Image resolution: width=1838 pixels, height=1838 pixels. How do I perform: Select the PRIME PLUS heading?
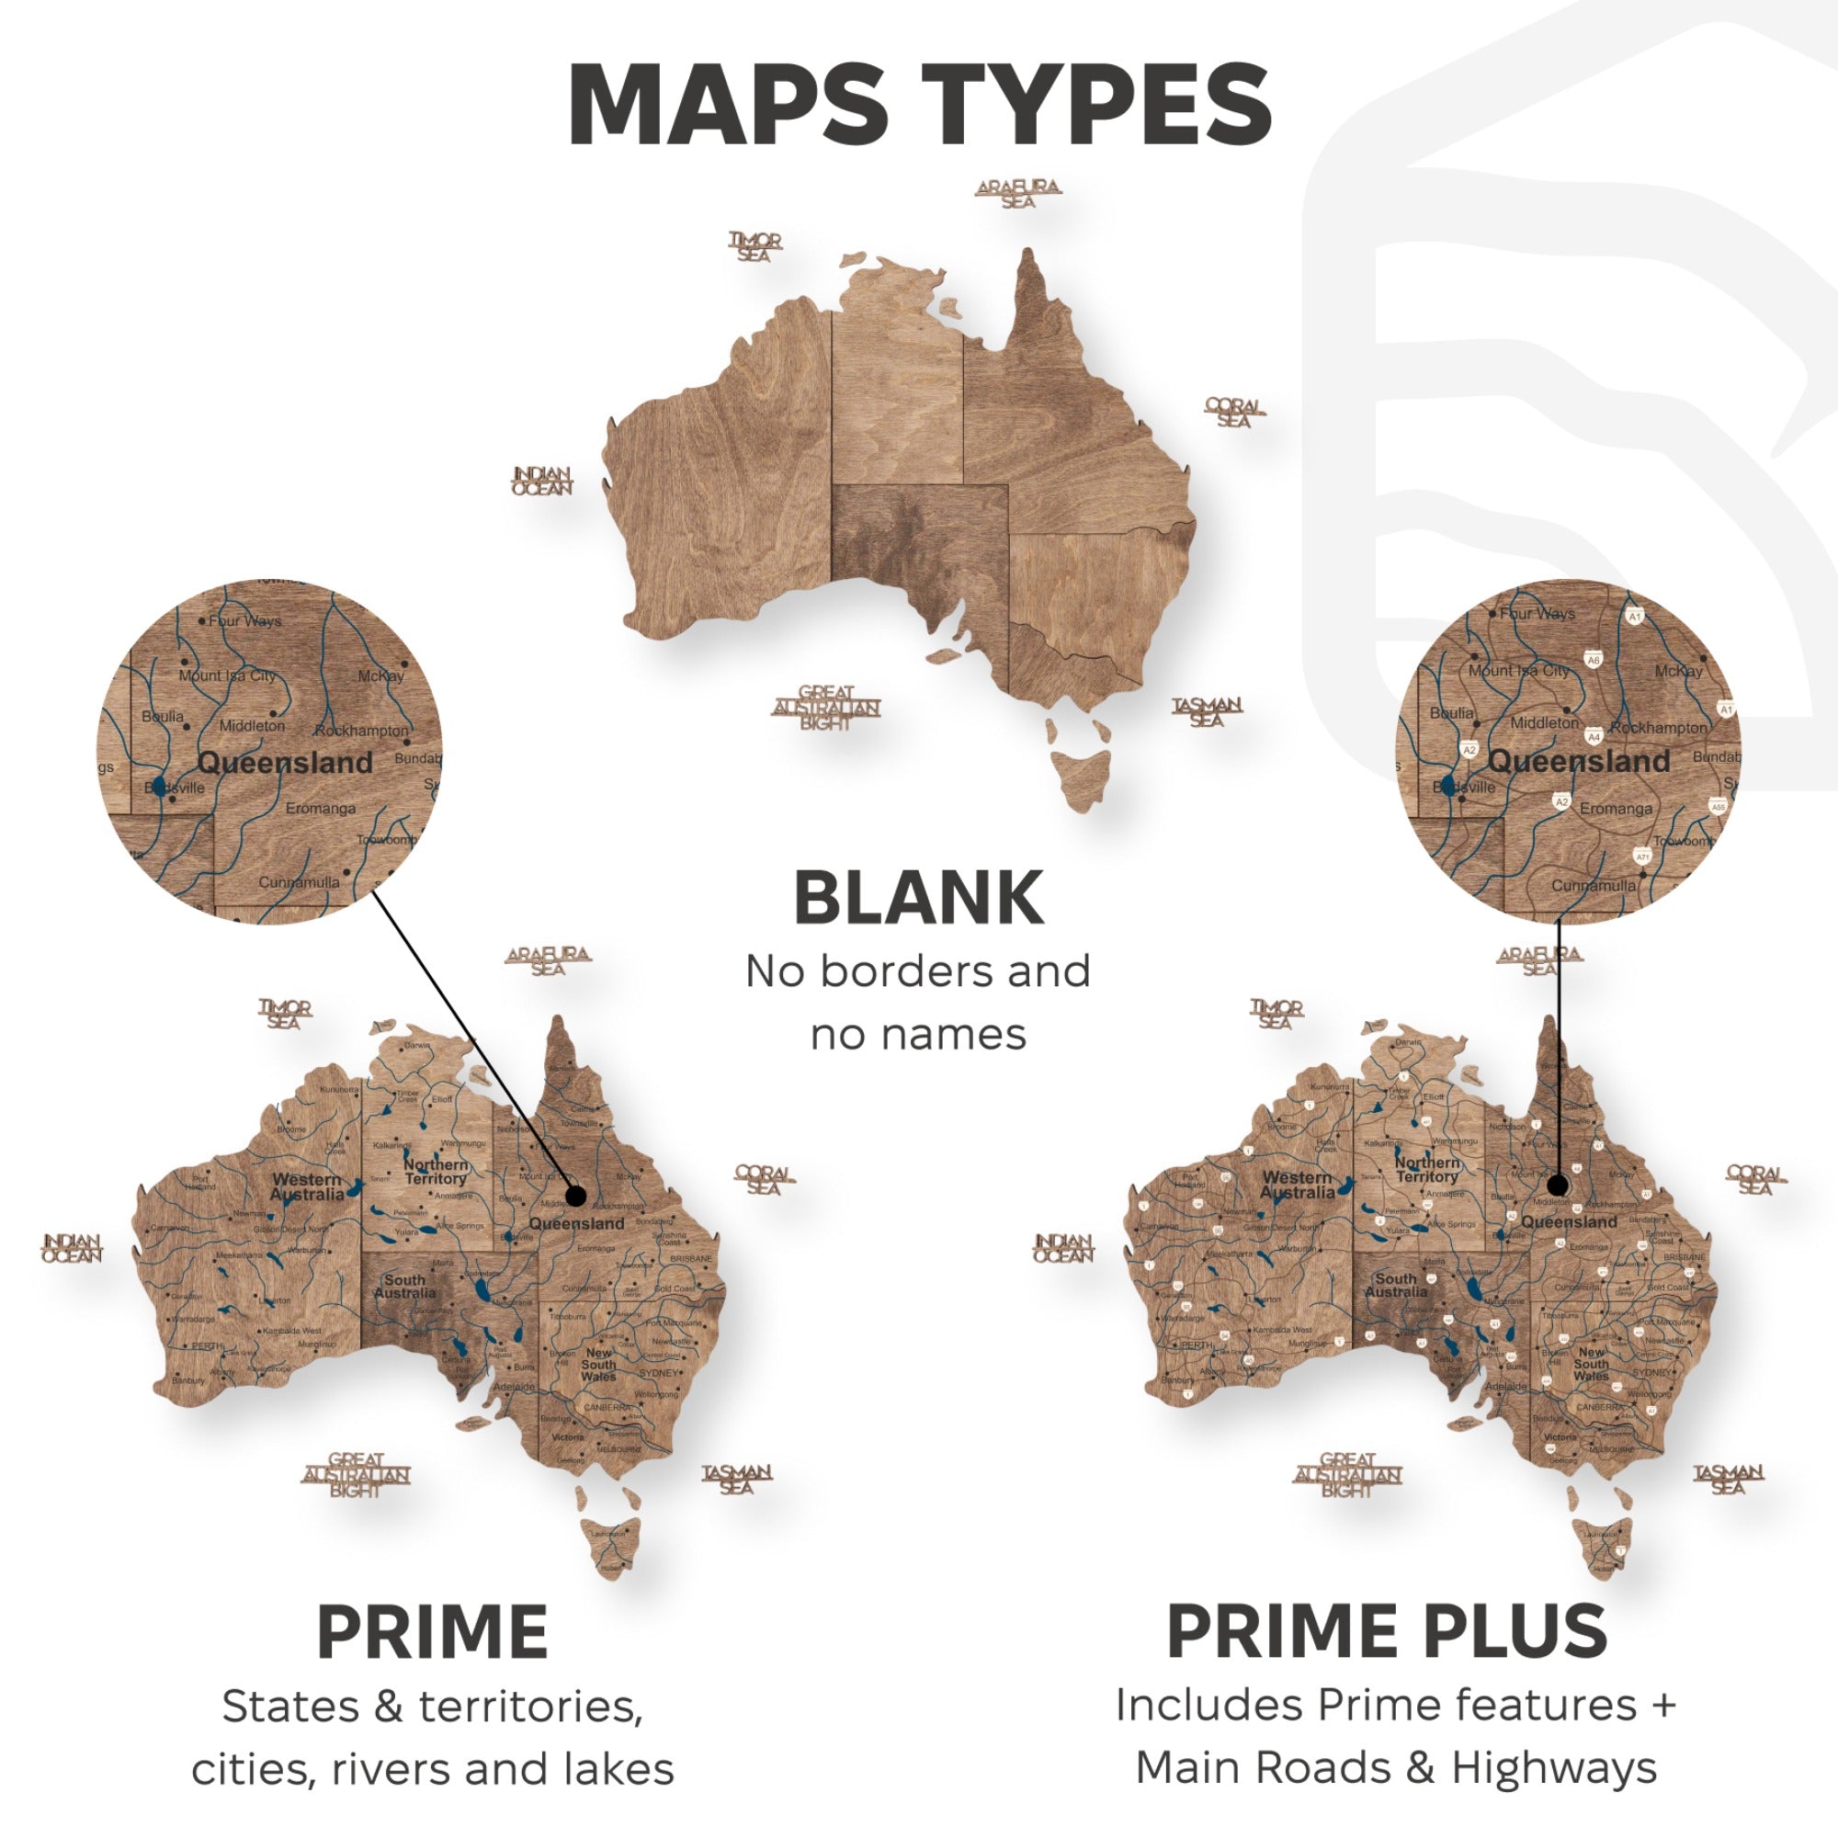click(1387, 1630)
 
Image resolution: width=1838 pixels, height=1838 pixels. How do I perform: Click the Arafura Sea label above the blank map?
click(1017, 193)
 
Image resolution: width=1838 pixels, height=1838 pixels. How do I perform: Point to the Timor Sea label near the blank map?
click(755, 246)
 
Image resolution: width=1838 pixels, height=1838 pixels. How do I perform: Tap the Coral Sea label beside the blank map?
click(1234, 413)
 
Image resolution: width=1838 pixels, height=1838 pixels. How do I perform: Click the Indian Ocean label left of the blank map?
click(542, 481)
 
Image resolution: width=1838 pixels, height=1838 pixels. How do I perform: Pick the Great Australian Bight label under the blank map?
click(826, 707)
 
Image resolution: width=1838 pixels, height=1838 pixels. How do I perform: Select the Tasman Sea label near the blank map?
click(1207, 711)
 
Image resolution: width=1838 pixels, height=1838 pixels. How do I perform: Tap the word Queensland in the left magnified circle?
click(285, 762)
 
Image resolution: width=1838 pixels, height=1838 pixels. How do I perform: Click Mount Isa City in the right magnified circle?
click(1518, 671)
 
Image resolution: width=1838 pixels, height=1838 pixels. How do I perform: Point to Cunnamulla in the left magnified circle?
click(299, 882)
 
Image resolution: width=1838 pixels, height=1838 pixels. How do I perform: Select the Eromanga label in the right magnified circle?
click(1616, 809)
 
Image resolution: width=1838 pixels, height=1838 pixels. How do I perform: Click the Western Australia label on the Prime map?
click(306, 1186)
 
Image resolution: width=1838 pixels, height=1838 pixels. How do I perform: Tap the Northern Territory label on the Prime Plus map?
click(1426, 1169)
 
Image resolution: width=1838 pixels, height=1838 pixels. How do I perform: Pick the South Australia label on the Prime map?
click(404, 1287)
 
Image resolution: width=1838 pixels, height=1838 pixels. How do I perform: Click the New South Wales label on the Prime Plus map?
click(1591, 1363)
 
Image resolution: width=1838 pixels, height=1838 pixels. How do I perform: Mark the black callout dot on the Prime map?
click(575, 1196)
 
